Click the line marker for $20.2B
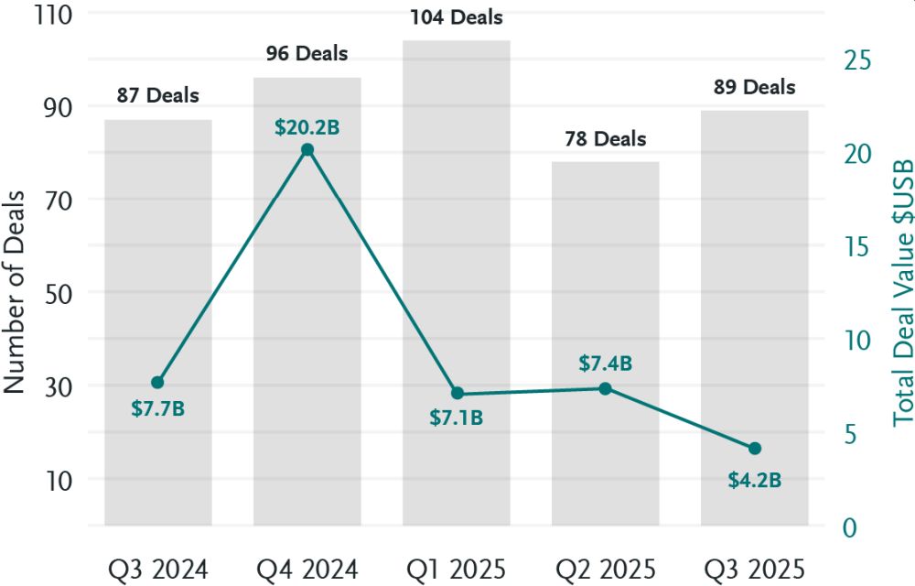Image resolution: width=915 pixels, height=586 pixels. (x=307, y=149)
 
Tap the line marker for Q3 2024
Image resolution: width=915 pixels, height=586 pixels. (x=157, y=382)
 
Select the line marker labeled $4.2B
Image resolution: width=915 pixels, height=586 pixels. (x=755, y=449)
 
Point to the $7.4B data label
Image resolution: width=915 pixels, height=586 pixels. (x=606, y=364)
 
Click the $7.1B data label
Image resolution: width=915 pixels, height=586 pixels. (x=457, y=418)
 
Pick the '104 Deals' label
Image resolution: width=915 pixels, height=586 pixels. (x=457, y=17)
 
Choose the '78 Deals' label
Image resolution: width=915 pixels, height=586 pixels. (x=606, y=139)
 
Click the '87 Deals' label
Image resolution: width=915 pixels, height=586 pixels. (x=157, y=95)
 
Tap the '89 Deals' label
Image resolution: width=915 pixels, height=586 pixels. (x=755, y=88)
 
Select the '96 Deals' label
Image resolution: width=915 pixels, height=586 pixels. (x=307, y=54)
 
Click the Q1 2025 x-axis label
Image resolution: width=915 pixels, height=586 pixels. (x=457, y=570)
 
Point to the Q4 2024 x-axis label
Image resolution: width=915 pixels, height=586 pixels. (x=307, y=570)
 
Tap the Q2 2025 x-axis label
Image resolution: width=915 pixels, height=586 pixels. (x=606, y=570)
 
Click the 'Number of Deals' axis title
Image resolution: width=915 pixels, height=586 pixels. (x=16, y=293)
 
